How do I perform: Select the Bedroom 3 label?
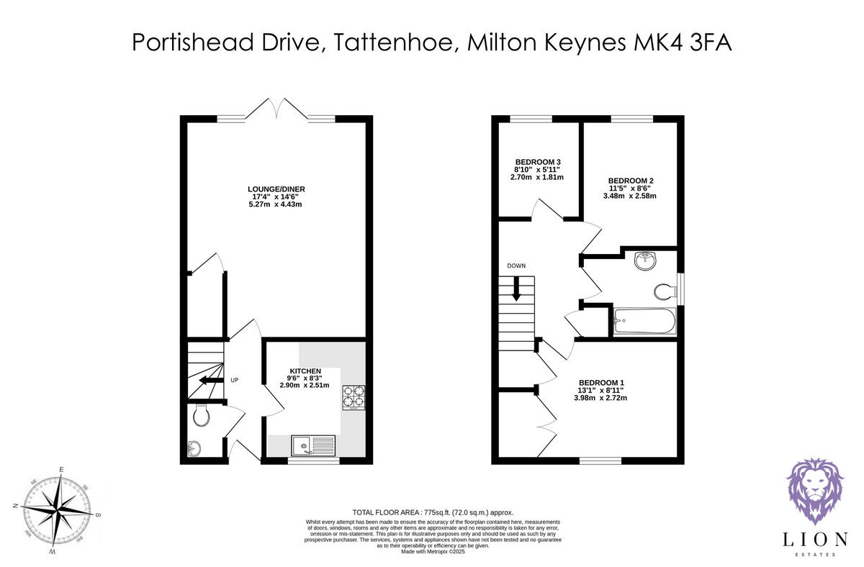(x=537, y=161)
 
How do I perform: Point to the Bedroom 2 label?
(x=631, y=181)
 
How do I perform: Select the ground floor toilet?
(x=201, y=415)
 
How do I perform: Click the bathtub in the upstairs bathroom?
(x=644, y=322)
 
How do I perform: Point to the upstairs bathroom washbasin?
(x=645, y=260)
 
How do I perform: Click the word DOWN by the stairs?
(x=516, y=266)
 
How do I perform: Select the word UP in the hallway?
(x=235, y=380)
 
